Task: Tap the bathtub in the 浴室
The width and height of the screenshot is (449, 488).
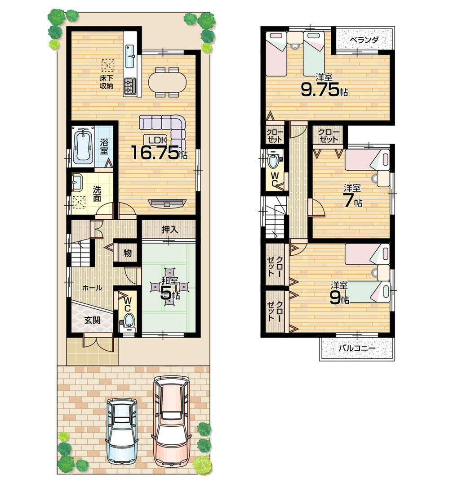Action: pos(83,146)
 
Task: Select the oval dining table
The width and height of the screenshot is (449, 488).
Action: pos(167,82)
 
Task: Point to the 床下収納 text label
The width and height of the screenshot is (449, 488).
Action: pos(106,82)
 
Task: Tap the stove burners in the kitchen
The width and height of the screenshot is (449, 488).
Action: pos(130,86)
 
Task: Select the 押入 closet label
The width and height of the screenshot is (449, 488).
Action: pos(169,229)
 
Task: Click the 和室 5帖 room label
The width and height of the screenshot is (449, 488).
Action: pos(169,288)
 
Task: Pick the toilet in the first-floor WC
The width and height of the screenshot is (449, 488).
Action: pos(129,321)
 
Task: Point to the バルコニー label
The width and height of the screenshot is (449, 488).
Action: pos(356,349)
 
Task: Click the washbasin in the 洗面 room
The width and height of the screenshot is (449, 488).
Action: pos(77,182)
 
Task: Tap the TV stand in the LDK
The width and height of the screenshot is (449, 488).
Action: pos(167,203)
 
